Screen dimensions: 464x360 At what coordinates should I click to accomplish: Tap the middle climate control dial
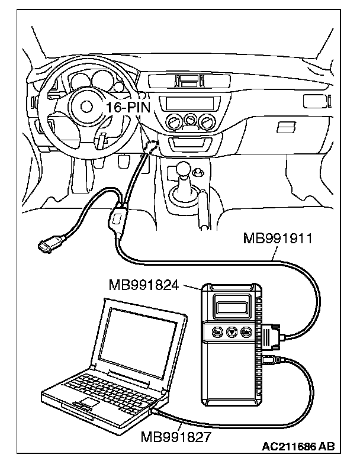[x=190, y=121]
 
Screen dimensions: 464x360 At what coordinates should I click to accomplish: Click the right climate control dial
[x=207, y=123]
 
